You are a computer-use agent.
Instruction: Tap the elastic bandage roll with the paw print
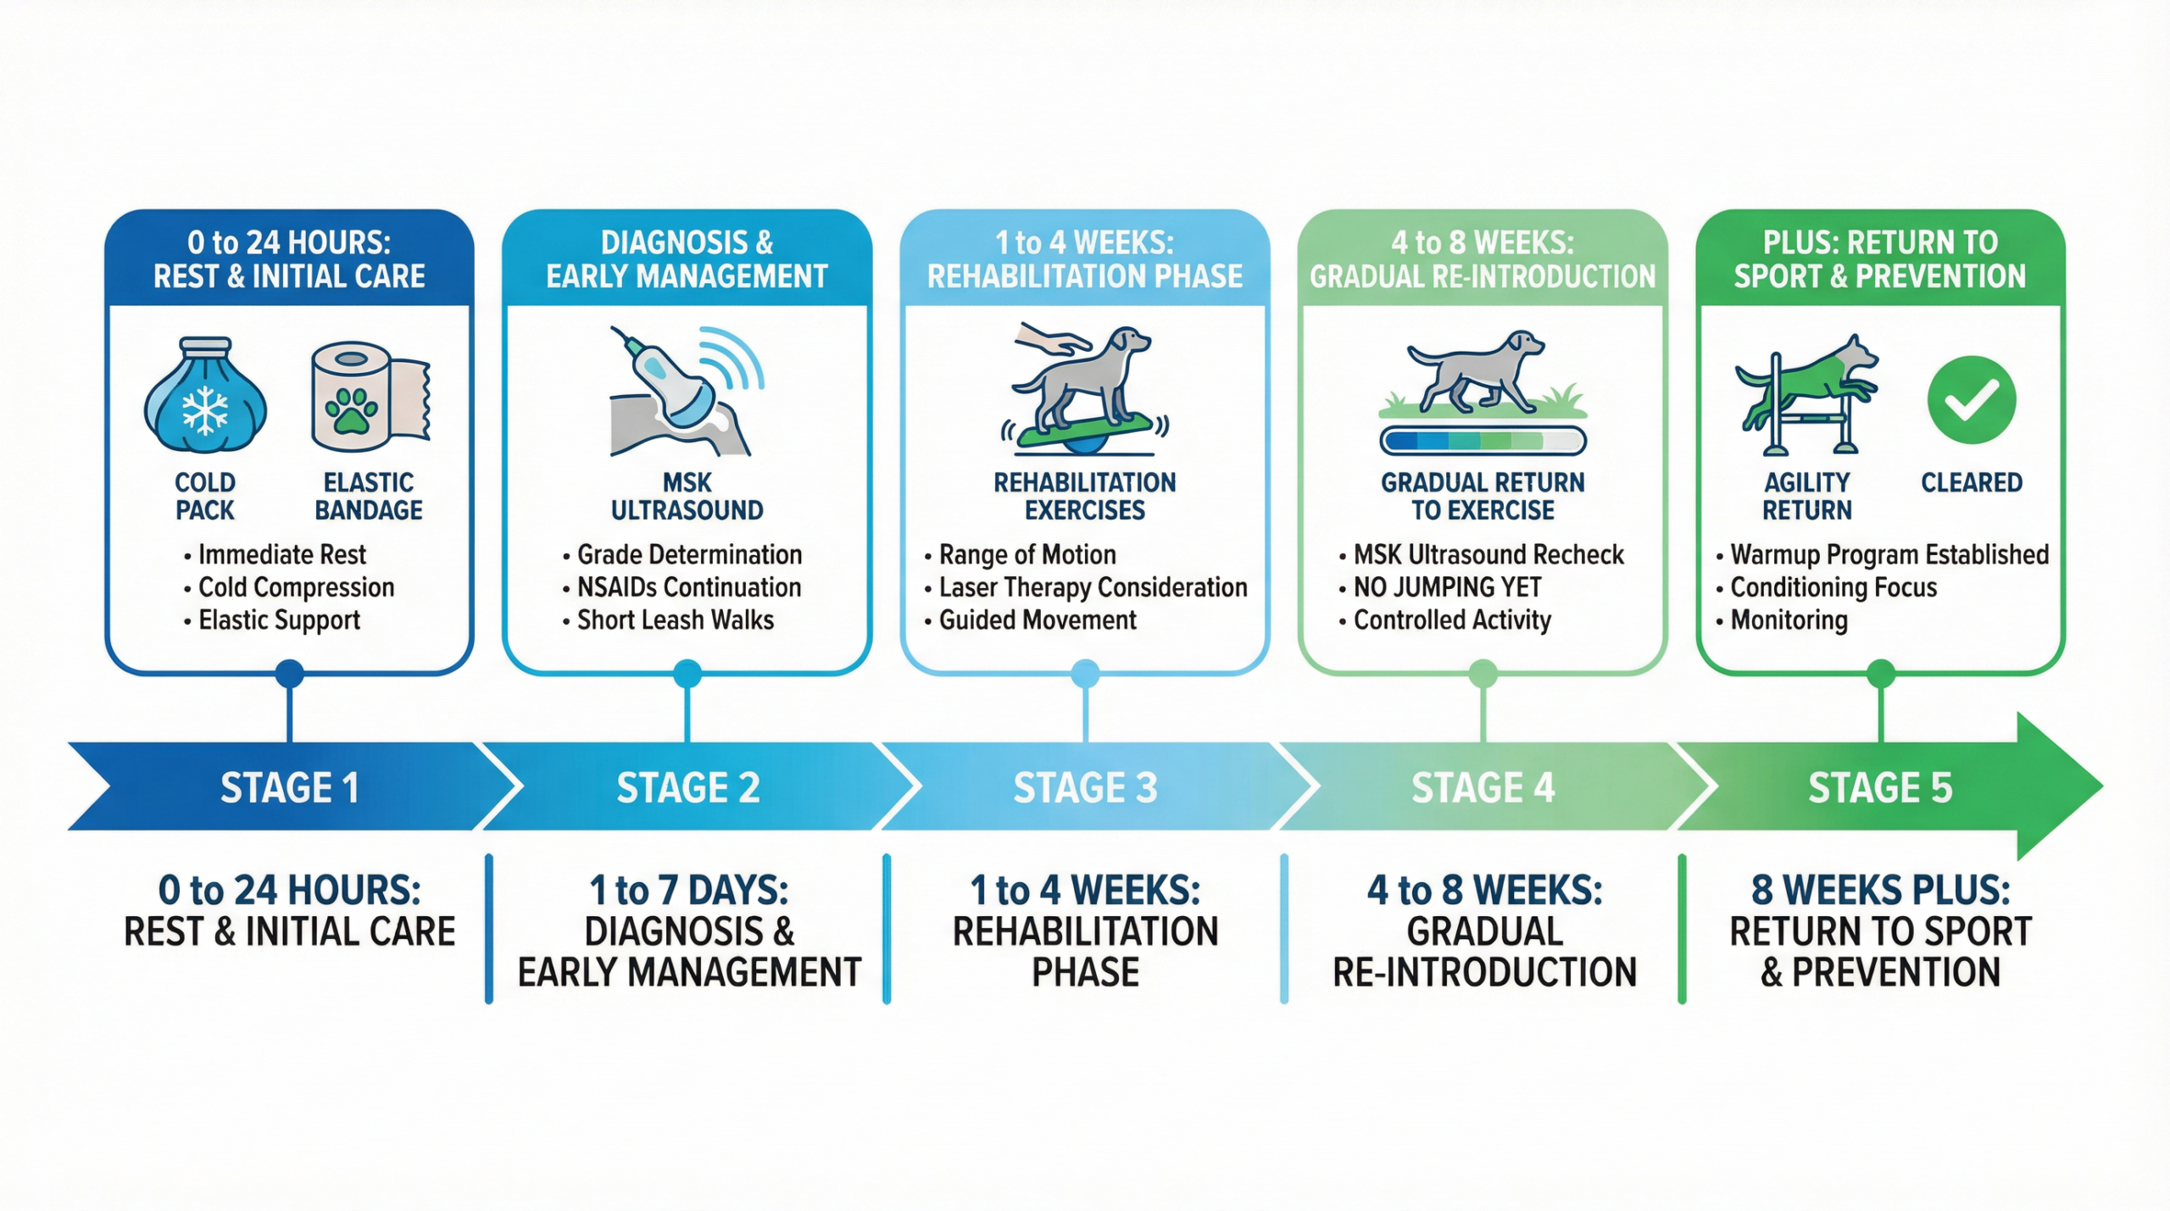[x=370, y=396]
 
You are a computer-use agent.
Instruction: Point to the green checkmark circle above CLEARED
[x=1971, y=399]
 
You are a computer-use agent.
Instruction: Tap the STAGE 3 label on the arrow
[x=1085, y=787]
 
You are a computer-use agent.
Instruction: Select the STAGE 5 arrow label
[x=1880, y=787]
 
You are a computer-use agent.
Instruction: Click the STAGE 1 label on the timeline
[x=290, y=787]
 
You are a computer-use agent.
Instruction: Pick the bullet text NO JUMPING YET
[x=1447, y=587]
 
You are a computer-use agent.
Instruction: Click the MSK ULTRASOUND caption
[x=687, y=497]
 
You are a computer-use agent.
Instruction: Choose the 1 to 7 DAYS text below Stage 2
[x=689, y=891]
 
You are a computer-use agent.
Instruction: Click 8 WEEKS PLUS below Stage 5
[x=1881, y=891]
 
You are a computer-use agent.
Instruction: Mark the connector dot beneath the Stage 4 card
[x=1483, y=674]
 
